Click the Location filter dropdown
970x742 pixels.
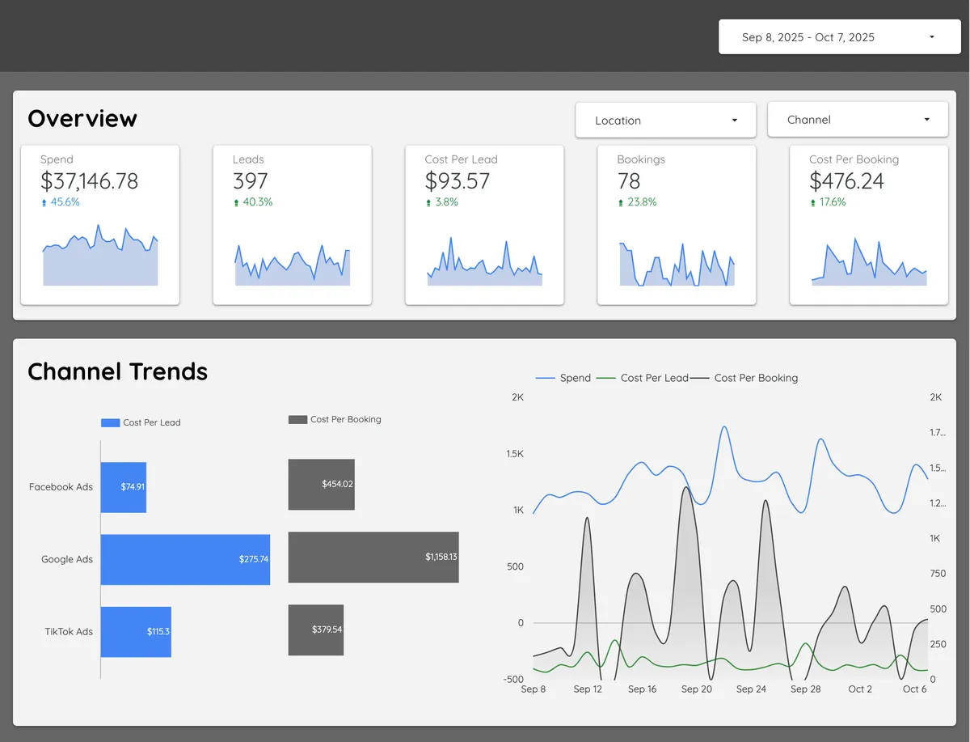coord(665,121)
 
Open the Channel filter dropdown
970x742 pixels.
coord(857,120)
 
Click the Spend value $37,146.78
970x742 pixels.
coord(89,181)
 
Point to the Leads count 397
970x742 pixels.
coord(250,181)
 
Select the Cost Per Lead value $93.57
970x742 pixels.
coord(457,181)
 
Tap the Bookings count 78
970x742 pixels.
coord(629,181)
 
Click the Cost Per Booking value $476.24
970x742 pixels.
coord(846,181)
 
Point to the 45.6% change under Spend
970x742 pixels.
coord(64,202)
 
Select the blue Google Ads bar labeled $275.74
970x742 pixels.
coord(185,559)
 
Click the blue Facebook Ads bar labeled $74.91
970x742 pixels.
coord(123,487)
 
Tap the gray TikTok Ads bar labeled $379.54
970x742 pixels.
coord(316,630)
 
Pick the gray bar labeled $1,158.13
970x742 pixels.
coord(373,557)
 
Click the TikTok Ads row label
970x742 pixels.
coord(69,631)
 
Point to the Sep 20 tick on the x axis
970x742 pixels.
coord(696,689)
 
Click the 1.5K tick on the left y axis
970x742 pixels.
coord(514,454)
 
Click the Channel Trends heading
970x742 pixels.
coord(118,371)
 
